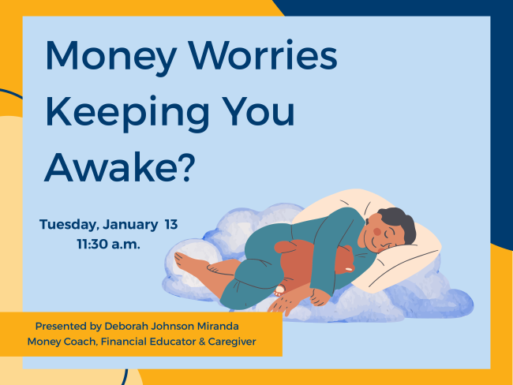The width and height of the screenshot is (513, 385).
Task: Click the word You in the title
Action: [x=260, y=113]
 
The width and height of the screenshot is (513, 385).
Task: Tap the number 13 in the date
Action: [x=171, y=224]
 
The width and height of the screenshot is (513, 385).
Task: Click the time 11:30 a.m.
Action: [x=108, y=244]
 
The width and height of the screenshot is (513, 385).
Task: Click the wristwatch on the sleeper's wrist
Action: [x=279, y=290]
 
